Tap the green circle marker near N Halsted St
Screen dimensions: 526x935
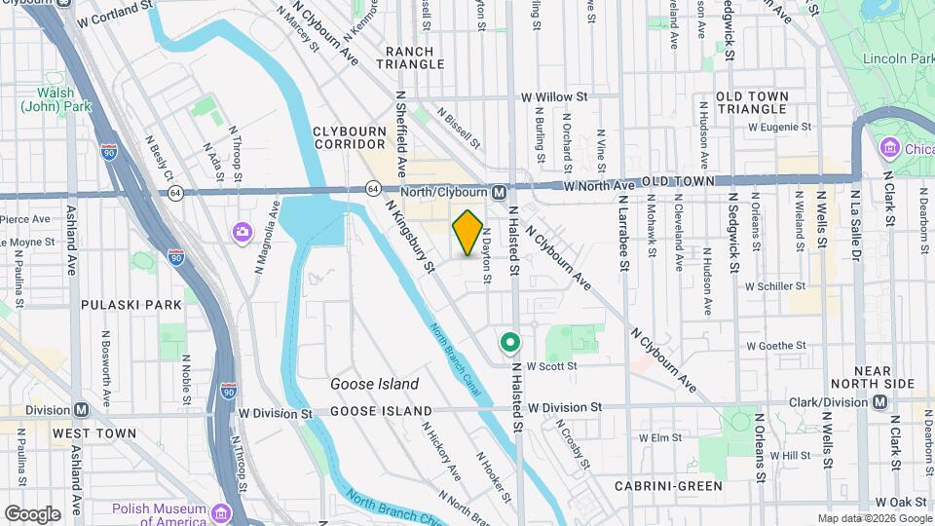click(509, 343)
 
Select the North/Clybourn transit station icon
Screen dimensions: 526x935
click(498, 192)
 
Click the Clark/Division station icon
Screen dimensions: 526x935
click(879, 401)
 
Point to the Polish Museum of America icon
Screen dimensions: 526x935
click(220, 512)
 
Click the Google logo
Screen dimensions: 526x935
click(32, 513)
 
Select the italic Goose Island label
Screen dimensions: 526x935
click(374, 384)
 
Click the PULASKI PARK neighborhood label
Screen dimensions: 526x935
click(131, 305)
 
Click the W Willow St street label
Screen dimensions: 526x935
click(554, 97)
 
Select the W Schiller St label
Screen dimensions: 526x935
click(775, 286)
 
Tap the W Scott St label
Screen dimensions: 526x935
click(552, 366)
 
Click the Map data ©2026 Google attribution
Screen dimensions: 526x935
click(874, 518)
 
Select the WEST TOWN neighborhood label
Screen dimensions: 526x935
click(94, 432)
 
